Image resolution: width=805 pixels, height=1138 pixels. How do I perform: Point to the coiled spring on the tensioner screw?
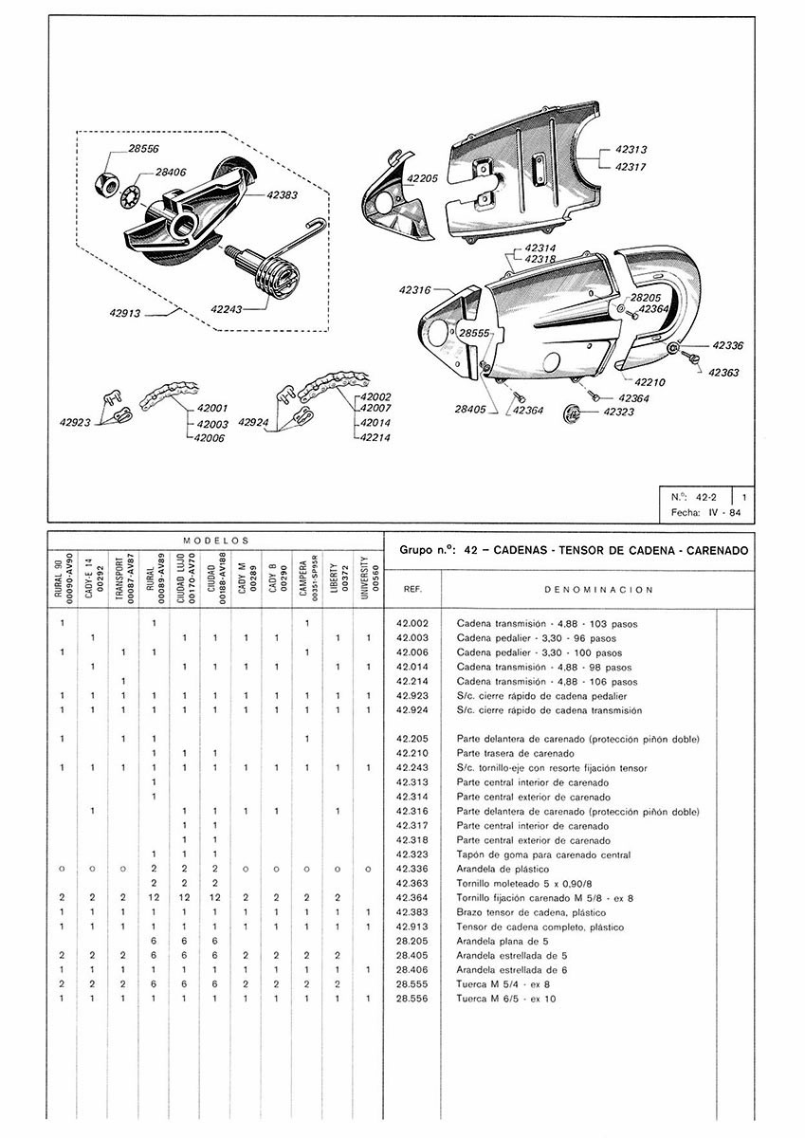tap(277, 278)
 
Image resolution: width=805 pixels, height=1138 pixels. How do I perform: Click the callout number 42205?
tap(422, 178)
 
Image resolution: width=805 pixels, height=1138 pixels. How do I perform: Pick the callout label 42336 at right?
tap(728, 346)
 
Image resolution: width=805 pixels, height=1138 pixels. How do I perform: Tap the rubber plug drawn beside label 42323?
tap(572, 413)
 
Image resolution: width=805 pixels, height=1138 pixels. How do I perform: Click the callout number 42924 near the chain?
tap(256, 422)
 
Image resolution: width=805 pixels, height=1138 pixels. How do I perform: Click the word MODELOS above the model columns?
tap(215, 539)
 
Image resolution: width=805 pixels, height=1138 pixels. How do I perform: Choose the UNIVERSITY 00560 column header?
tap(368, 576)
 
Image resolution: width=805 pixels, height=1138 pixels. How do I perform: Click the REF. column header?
tap(413, 589)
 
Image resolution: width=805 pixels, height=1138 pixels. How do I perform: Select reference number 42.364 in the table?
tap(413, 897)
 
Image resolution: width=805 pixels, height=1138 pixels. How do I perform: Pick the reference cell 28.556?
tap(413, 1000)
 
